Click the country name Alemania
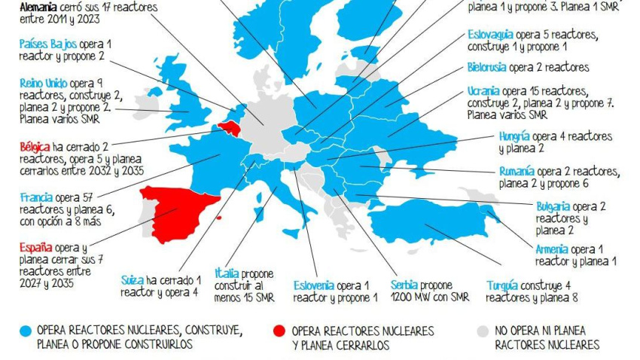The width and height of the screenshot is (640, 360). click(39, 6)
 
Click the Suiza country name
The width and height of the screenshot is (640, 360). click(132, 280)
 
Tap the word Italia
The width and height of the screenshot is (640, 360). click(227, 273)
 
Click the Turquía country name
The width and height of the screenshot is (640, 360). click(501, 285)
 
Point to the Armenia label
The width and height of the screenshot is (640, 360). click(552, 249)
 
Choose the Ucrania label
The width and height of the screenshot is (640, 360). click(483, 91)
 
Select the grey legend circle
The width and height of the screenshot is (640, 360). click(483, 331)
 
